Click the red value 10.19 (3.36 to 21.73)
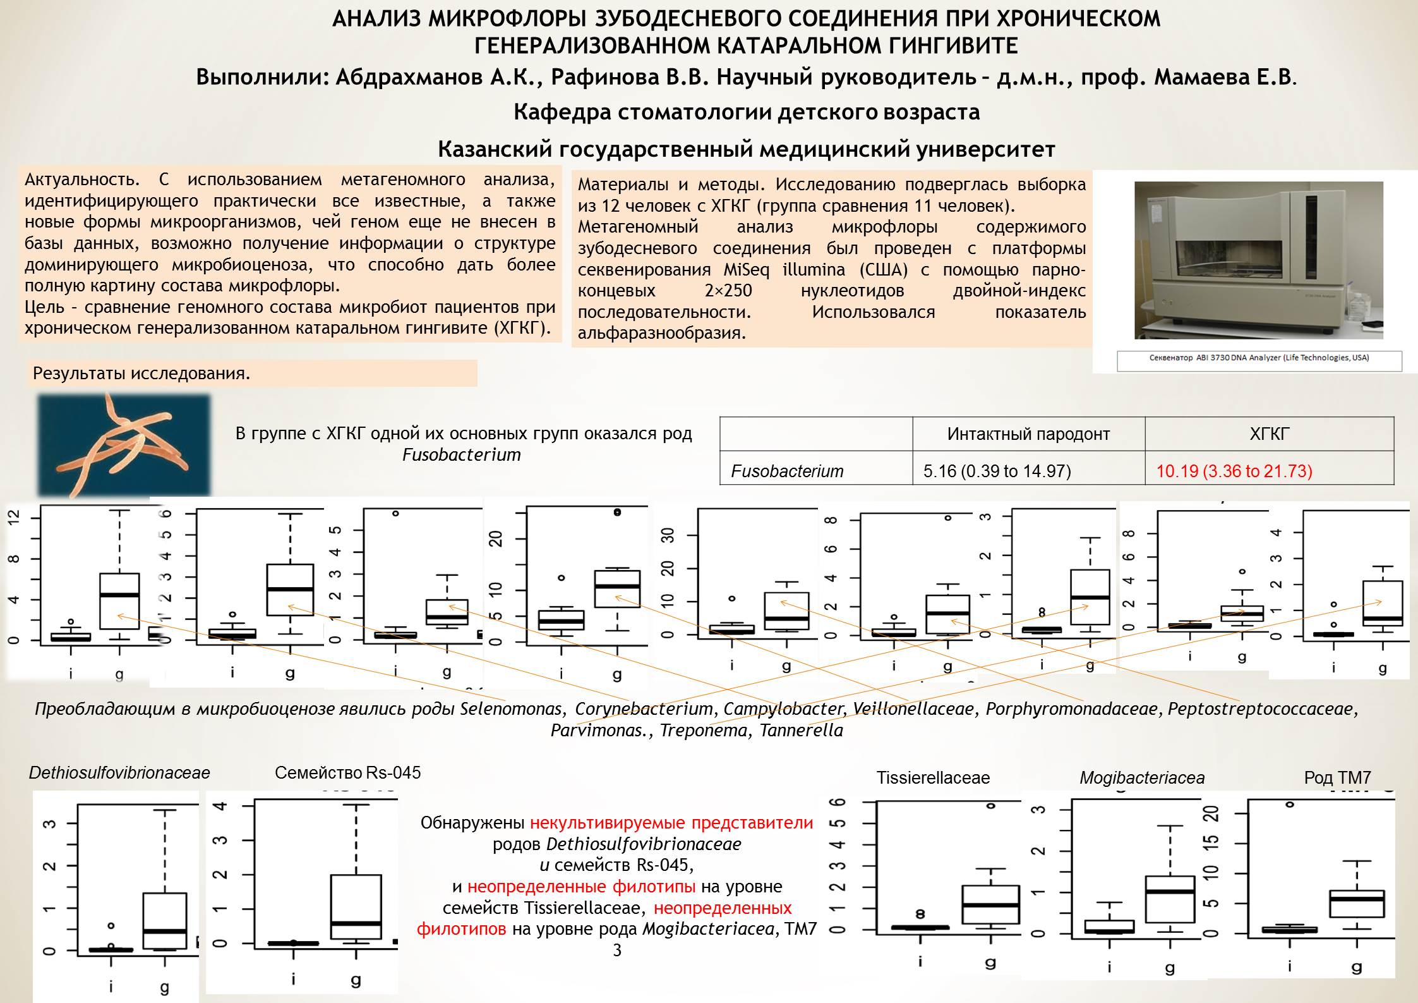coord(1234,471)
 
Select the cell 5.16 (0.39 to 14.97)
coord(997,471)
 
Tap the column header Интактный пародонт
coord(1028,434)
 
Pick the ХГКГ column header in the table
coord(1269,434)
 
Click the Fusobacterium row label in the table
coord(787,471)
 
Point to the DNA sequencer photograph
coord(1258,260)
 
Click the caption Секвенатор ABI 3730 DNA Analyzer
coord(1259,358)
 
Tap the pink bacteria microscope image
coord(124,444)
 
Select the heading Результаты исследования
coord(141,374)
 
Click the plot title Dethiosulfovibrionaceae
coord(119,773)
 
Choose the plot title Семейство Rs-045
coord(347,772)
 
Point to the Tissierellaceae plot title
coord(932,778)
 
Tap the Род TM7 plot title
coord(1337,777)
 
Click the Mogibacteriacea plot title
coord(1141,778)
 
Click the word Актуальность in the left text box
coord(81,179)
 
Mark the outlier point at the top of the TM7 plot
coord(1289,805)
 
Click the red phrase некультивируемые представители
coord(671,823)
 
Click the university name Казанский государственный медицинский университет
coord(746,150)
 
